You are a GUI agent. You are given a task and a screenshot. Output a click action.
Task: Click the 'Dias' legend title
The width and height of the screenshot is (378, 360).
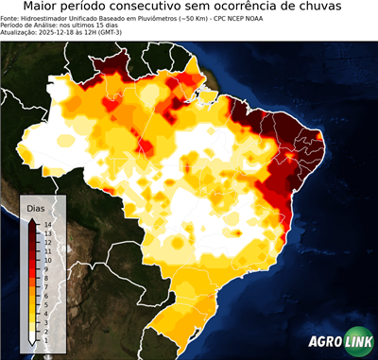pyautogui.click(x=35, y=207)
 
